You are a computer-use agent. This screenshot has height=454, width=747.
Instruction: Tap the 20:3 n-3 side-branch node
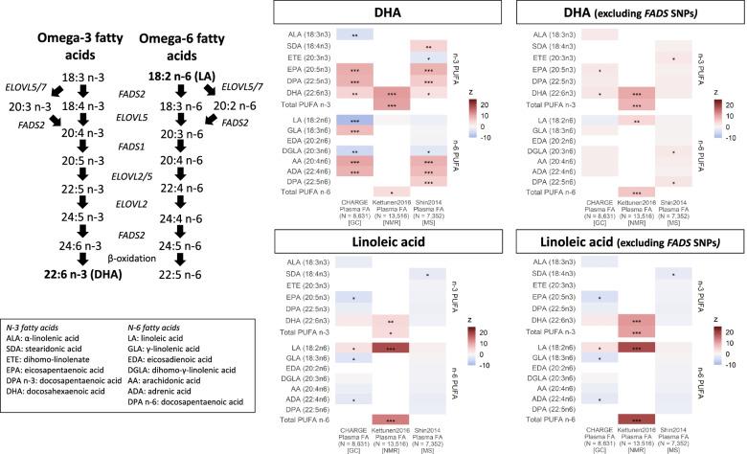point(20,106)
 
